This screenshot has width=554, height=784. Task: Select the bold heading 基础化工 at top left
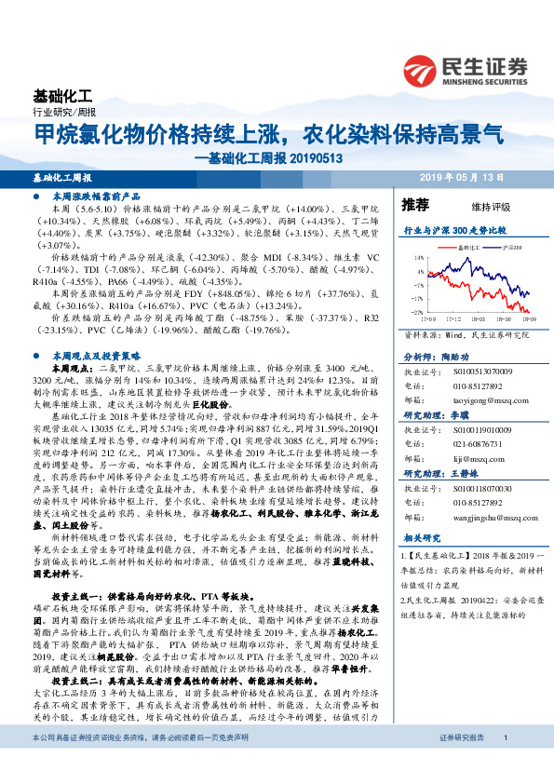click(x=62, y=96)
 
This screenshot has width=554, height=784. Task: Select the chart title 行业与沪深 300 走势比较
click(x=453, y=228)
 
